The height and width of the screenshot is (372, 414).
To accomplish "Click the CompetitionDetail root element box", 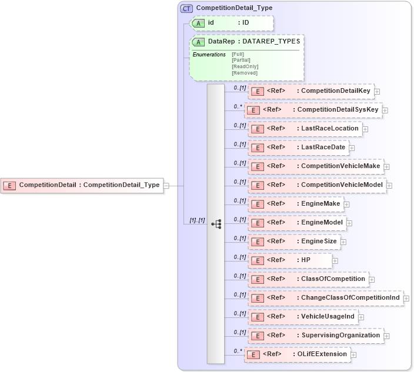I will (x=82, y=185).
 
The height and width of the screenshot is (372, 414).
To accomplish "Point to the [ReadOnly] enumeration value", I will (x=245, y=66).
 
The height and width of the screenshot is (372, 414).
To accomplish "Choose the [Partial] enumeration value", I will (x=241, y=60).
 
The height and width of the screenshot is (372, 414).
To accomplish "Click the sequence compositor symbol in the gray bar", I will (x=216, y=224).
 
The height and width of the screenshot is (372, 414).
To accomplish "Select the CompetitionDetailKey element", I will (x=311, y=91).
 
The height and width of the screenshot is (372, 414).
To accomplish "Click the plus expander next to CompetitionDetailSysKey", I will (x=385, y=110).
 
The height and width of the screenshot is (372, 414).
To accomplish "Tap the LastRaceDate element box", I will (x=298, y=148).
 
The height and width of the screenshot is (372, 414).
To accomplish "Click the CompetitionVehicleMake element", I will (x=316, y=166).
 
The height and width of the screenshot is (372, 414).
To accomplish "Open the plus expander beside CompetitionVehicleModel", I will (x=389, y=185).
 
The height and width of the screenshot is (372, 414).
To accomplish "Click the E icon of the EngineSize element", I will (x=256, y=242).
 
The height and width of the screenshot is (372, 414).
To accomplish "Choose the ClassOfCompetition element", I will (x=308, y=279).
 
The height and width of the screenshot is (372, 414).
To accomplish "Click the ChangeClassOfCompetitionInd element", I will (x=326, y=298).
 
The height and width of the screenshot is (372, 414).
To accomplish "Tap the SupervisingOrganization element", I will (x=316, y=336).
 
